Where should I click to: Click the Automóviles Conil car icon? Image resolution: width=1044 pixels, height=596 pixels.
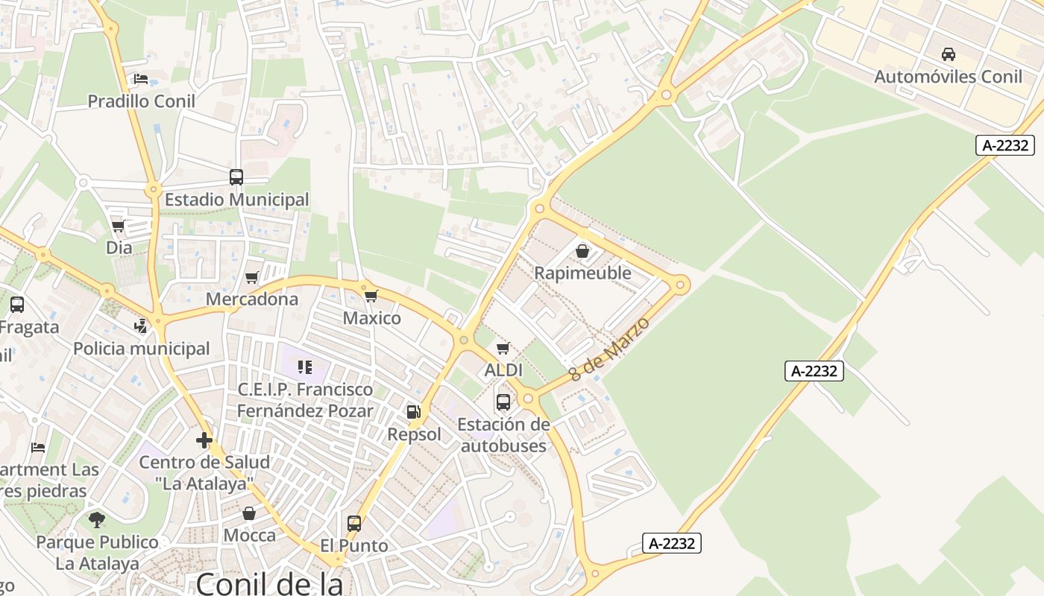pos(949,54)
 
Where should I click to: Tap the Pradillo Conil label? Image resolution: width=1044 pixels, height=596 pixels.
pos(142,101)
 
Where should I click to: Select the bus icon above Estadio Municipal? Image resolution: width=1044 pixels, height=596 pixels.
pos(236,177)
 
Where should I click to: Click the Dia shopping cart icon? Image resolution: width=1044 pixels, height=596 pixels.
pos(118,226)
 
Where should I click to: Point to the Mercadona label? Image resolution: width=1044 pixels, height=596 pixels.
pos(252,299)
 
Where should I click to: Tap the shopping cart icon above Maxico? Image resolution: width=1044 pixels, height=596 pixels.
pos(371,297)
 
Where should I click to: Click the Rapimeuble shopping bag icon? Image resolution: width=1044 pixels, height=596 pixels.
pos(582,251)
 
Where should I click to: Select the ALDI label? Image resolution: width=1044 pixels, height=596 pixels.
pos(503,370)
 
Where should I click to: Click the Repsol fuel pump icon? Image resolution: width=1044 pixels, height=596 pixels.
pos(413,412)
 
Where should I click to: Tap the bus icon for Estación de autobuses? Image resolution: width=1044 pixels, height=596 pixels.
pos(503,402)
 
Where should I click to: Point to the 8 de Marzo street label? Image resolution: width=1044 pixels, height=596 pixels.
pos(609,349)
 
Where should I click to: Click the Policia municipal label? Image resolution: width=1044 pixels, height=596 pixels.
pos(142,349)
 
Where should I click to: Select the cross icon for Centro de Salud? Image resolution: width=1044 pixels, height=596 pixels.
pos(204,440)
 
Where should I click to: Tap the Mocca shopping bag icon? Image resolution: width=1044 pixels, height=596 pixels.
pos(249,513)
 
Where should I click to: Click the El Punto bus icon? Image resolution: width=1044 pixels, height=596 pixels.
pos(354,524)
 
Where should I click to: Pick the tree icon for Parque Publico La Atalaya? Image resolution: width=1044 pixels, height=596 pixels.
pos(97,519)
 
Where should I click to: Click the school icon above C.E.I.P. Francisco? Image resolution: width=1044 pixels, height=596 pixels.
pos(304,367)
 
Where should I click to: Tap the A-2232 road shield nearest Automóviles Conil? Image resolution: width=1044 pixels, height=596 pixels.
pos(1006,145)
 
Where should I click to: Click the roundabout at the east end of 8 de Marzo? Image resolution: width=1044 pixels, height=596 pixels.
pos(679,285)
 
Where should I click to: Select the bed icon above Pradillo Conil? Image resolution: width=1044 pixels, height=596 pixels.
pos(141,79)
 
